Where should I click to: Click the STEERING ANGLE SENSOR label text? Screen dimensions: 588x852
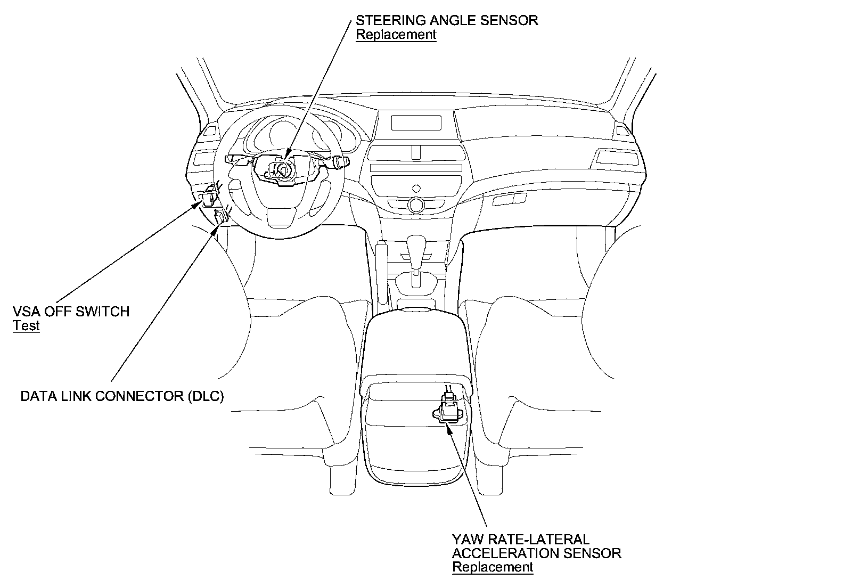coord(447,20)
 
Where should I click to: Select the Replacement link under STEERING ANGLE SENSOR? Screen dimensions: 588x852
coord(396,35)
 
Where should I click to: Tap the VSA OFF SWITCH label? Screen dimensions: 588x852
coord(71,311)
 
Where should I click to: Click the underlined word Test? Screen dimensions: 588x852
coord(26,325)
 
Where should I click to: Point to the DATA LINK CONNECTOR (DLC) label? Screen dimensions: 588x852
coord(122,396)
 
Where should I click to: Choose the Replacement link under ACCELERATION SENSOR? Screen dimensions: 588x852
coord(493,567)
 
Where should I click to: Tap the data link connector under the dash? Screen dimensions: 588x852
coord(220,215)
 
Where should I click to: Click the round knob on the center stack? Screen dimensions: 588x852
coord(415,204)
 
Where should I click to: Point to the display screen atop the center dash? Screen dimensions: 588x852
coord(416,123)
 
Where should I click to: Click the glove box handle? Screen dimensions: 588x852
coord(510,199)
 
